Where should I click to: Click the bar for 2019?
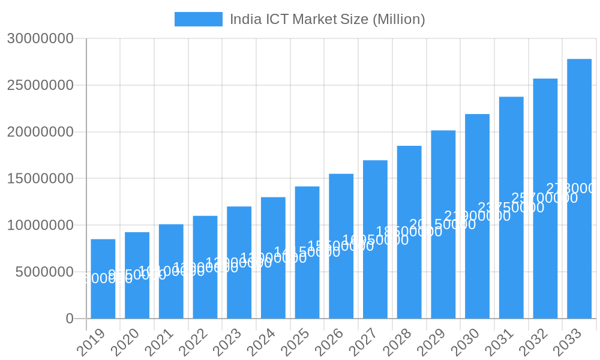[103, 279]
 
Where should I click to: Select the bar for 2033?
[579, 188]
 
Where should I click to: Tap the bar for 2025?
[307, 253]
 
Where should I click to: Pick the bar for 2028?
[409, 232]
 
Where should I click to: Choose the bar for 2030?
[477, 216]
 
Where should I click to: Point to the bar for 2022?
[205, 267]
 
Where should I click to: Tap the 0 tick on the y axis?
[70, 319]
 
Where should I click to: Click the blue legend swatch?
[198, 19]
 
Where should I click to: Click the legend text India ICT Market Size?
[327, 19]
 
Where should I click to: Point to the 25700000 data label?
[544, 198]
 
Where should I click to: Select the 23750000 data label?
[511, 208]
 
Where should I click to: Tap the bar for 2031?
[511, 208]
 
